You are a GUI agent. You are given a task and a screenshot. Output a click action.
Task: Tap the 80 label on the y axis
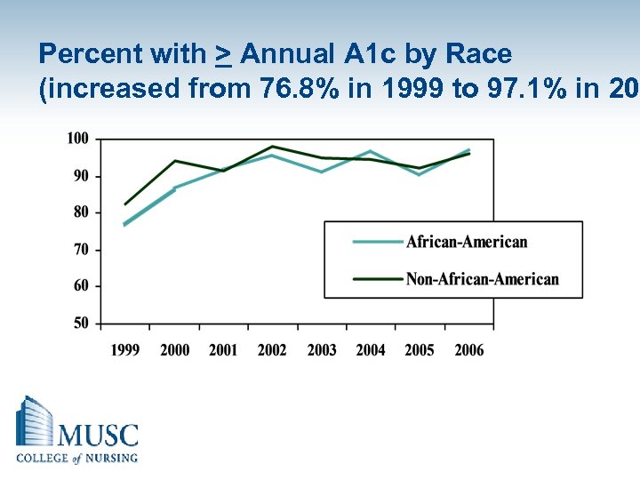pos(80,212)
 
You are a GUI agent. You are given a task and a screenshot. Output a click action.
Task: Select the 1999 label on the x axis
pos(125,350)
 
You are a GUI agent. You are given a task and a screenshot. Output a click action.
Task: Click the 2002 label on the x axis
pos(272,350)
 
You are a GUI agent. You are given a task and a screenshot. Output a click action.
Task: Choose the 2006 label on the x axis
pos(468,350)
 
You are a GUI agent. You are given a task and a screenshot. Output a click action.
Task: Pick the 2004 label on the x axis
pos(371,350)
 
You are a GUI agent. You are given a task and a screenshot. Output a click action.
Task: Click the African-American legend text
pos(467,242)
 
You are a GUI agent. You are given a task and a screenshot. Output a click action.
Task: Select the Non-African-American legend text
pos(482,279)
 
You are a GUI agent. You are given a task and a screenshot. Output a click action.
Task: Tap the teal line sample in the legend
pos(377,242)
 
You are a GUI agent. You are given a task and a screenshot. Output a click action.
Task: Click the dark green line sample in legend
pos(377,279)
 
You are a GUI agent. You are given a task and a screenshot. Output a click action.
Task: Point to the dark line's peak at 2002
pos(272,147)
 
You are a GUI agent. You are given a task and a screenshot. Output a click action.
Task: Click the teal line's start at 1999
pos(125,224)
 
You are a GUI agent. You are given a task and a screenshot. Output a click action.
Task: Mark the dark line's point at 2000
pos(175,161)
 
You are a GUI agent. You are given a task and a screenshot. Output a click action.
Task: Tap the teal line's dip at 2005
pos(420,174)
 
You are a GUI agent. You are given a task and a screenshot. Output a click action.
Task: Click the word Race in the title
pos(480,54)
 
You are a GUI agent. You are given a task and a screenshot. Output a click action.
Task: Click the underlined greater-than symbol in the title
pos(224,55)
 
